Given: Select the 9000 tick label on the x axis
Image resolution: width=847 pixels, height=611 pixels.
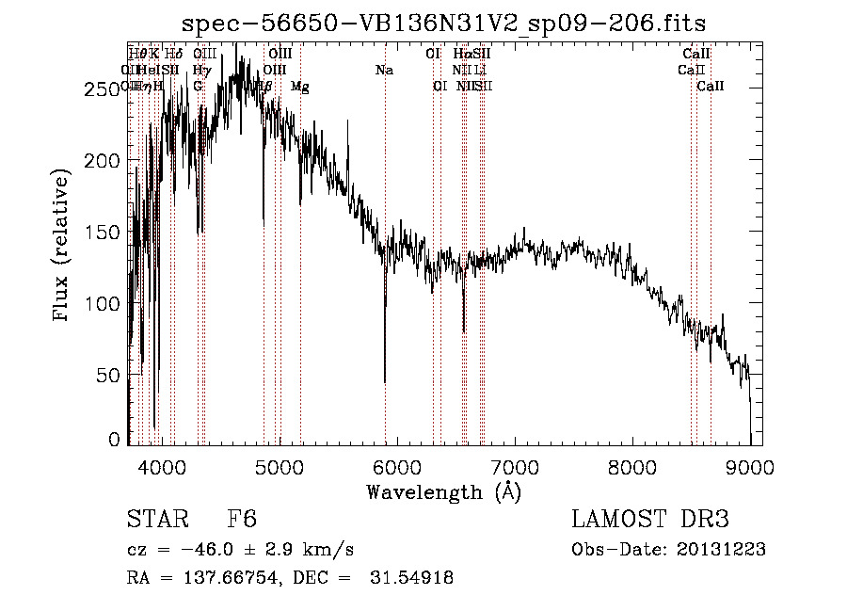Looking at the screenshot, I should (749, 467).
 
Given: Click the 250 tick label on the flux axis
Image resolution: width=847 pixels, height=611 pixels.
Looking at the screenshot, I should (99, 89).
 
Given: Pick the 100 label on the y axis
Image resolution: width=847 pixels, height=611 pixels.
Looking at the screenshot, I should (99, 304).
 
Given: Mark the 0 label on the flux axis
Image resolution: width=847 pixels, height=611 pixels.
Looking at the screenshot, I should (115, 440).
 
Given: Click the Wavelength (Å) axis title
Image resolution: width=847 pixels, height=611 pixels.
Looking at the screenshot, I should (443, 491).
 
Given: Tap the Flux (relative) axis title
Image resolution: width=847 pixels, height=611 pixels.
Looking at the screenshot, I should (63, 247).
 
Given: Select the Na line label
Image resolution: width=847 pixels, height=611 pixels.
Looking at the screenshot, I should (384, 70).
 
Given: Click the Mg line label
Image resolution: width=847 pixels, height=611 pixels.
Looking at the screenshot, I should (299, 87).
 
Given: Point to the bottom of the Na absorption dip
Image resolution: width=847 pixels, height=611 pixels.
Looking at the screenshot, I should (385, 381).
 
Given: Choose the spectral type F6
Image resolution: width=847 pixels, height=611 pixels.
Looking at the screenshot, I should (242, 521).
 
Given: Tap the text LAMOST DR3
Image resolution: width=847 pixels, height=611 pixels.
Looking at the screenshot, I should (650, 521).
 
